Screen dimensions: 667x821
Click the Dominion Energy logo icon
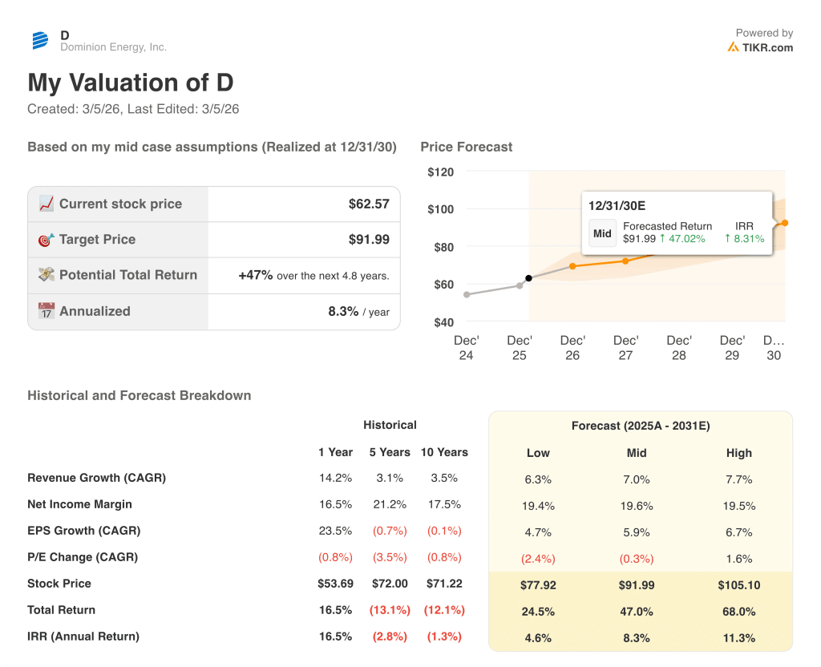pyautogui.click(x=40, y=41)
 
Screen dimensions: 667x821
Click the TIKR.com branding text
pyautogui.click(x=766, y=47)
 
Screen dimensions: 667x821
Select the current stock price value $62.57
pyautogui.click(x=369, y=204)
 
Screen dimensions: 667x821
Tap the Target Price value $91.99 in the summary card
pyautogui.click(x=369, y=239)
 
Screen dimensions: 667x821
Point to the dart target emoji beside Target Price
pyautogui.click(x=47, y=239)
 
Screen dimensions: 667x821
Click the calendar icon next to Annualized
pyautogui.click(x=47, y=311)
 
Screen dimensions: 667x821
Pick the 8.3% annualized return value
pyautogui.click(x=343, y=311)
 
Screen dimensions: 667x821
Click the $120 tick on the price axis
pyautogui.click(x=440, y=172)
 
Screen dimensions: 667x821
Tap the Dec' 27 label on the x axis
pyautogui.click(x=625, y=347)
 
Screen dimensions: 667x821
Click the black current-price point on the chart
pyautogui.click(x=528, y=278)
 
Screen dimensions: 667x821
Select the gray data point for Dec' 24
pyautogui.click(x=467, y=294)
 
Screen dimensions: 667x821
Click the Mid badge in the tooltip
pyautogui.click(x=602, y=233)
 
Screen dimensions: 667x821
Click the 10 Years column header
pyautogui.click(x=444, y=452)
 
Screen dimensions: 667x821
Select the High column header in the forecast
pyautogui.click(x=738, y=453)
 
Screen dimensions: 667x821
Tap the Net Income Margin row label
pyautogui.click(x=79, y=504)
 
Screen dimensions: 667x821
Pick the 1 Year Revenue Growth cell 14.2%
pyautogui.click(x=335, y=478)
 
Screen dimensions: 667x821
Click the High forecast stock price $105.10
pyautogui.click(x=738, y=585)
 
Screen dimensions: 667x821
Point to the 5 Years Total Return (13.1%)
pyautogui.click(x=389, y=610)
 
